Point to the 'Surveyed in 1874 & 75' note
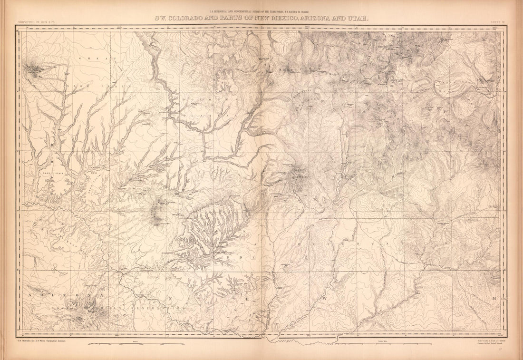[35, 22]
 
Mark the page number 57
[501, 350]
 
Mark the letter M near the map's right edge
[494, 298]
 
